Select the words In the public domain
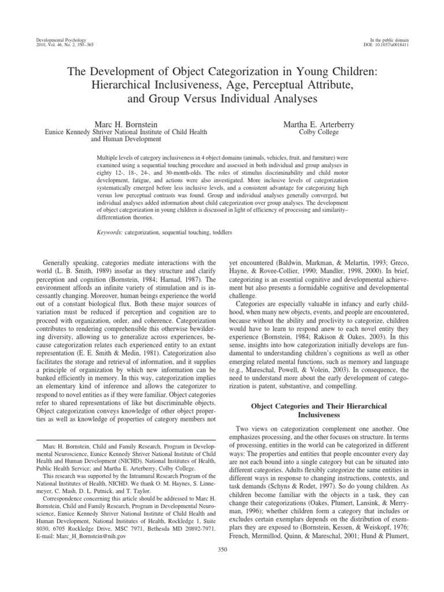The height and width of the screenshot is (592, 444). tap(390, 38)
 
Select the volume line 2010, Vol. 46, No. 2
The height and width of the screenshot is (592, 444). tap(55, 44)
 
